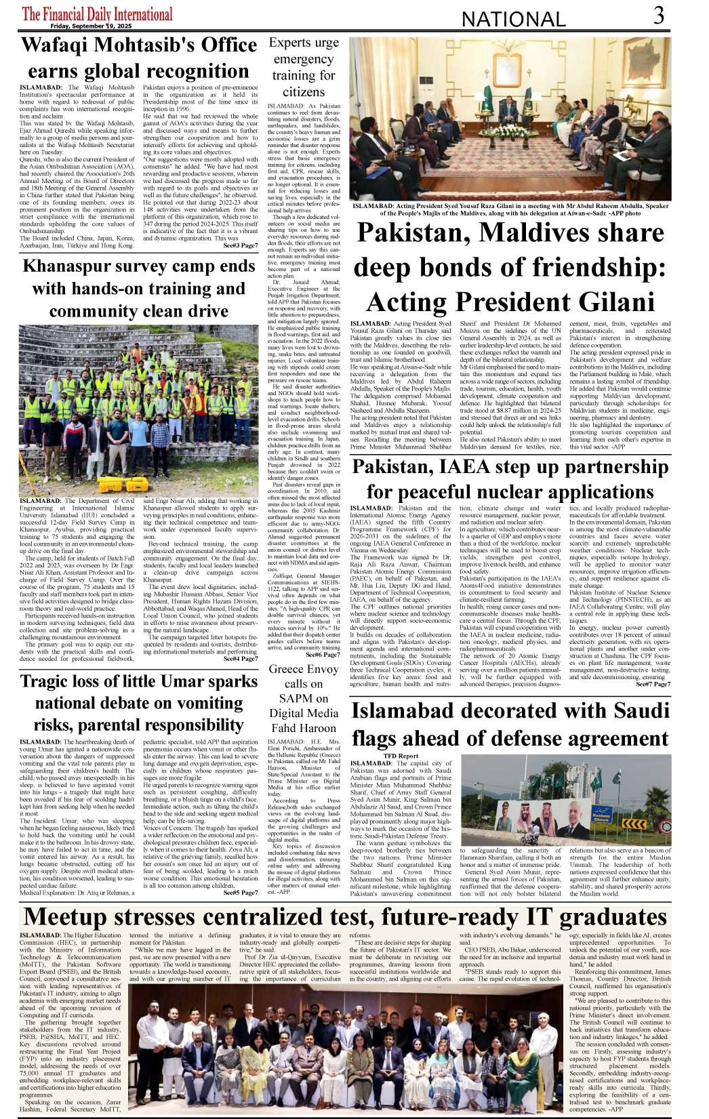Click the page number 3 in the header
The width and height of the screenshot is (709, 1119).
coord(658,16)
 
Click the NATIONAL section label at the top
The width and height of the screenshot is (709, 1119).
coord(513,20)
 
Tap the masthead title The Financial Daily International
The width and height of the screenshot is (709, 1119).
coord(98,14)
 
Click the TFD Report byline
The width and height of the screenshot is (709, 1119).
coord(401,756)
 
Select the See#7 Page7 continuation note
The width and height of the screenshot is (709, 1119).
coord(653,685)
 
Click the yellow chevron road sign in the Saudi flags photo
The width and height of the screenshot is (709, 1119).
coord(634,823)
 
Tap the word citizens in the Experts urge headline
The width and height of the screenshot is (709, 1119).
coord(303,92)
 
